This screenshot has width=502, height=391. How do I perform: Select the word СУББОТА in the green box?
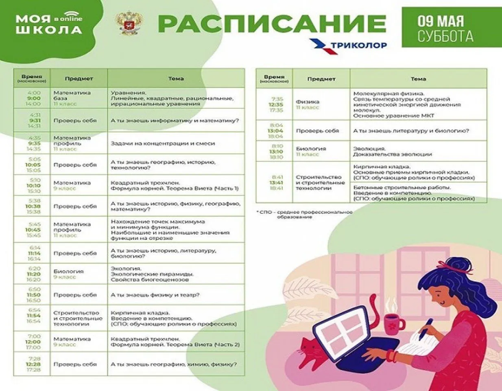(x=445, y=36)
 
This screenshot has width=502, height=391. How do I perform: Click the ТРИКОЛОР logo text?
(x=358, y=45)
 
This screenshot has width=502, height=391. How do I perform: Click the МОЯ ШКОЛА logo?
(x=49, y=24)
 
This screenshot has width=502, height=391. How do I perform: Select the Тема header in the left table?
(x=176, y=79)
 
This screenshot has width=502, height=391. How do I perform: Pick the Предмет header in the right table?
(x=321, y=79)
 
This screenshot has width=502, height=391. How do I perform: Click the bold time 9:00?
(x=34, y=98)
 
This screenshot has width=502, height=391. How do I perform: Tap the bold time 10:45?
(x=33, y=230)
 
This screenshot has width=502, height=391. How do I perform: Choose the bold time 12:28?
(x=33, y=365)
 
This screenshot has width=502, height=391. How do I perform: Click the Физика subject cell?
(x=308, y=102)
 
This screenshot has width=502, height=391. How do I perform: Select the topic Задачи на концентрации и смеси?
(x=163, y=143)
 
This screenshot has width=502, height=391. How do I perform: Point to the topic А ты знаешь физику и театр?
(x=155, y=295)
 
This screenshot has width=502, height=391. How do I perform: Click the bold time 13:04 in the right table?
(x=275, y=131)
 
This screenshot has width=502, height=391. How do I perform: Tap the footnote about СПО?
(x=305, y=214)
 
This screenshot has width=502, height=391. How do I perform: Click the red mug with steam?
(x=393, y=324)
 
